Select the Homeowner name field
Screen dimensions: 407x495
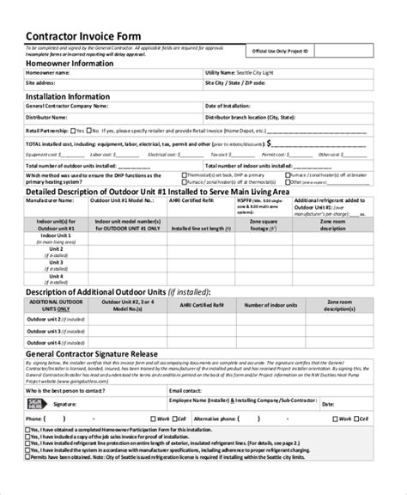pos(129,73)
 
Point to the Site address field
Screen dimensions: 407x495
pos(129,84)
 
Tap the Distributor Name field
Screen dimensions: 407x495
pos(129,116)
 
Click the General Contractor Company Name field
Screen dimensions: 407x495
pos(129,107)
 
